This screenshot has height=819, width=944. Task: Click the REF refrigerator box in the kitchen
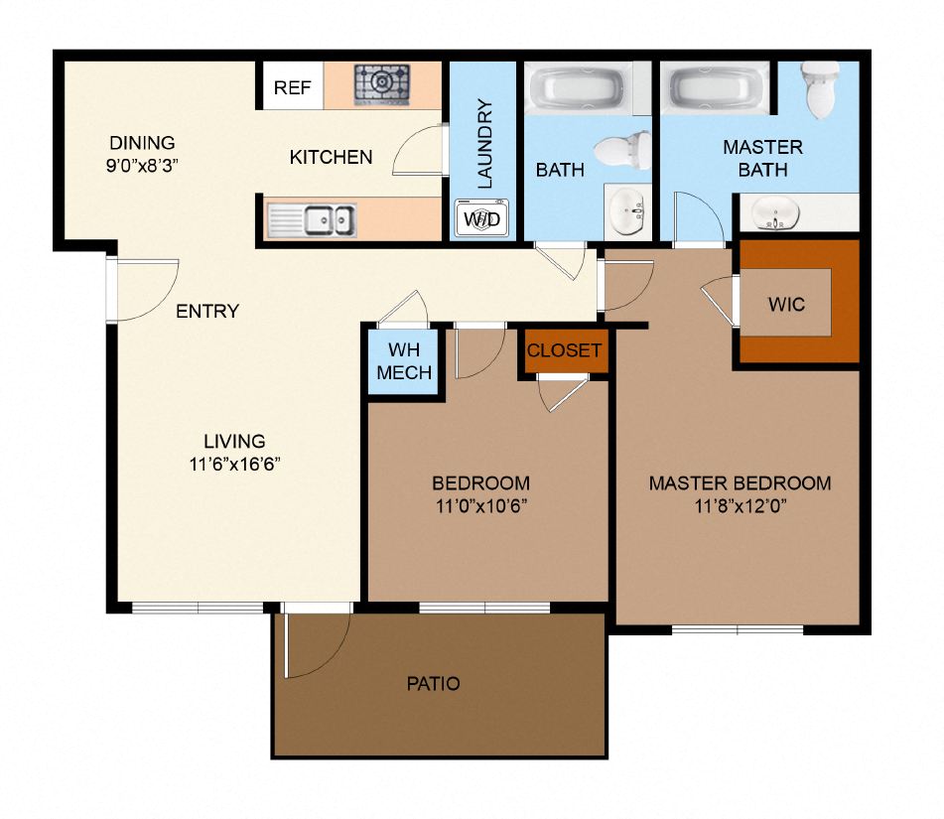[293, 87]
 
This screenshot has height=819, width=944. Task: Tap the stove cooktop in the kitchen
[382, 84]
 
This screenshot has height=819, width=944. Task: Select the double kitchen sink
[329, 217]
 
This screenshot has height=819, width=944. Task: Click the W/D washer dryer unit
[482, 218]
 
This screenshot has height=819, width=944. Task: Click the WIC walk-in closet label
[786, 304]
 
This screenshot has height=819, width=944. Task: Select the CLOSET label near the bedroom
[564, 350]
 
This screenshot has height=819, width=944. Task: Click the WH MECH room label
[404, 361]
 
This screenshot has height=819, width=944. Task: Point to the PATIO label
[434, 683]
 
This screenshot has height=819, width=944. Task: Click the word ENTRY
[207, 311]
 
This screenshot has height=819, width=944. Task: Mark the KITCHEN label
[331, 157]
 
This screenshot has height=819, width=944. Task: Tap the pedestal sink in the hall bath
[627, 210]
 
